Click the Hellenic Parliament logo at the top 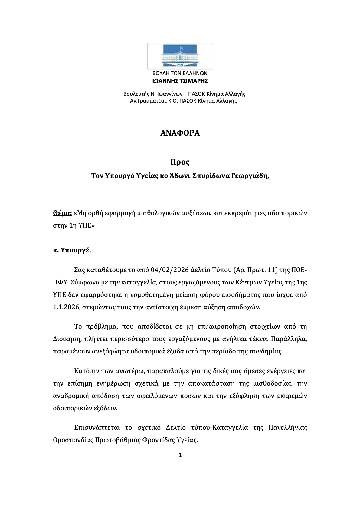180,56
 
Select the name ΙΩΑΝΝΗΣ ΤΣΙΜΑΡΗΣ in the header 180,81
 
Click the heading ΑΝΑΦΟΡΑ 180,133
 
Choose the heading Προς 180,162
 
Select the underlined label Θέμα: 62,213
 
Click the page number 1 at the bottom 180,455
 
